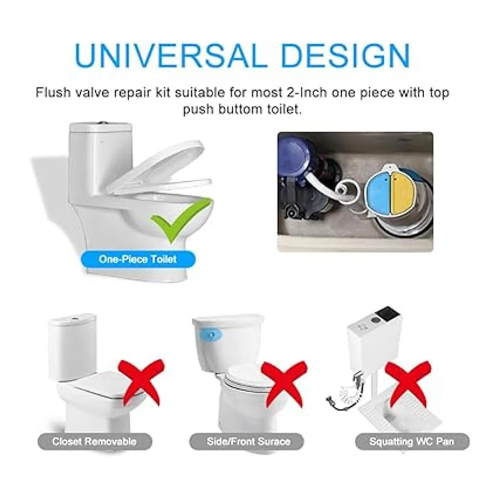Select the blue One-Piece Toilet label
pyautogui.click(x=138, y=259)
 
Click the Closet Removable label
pyautogui.click(x=94, y=442)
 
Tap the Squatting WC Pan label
pyautogui.click(x=412, y=442)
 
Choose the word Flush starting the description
pyautogui.click(x=53, y=93)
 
